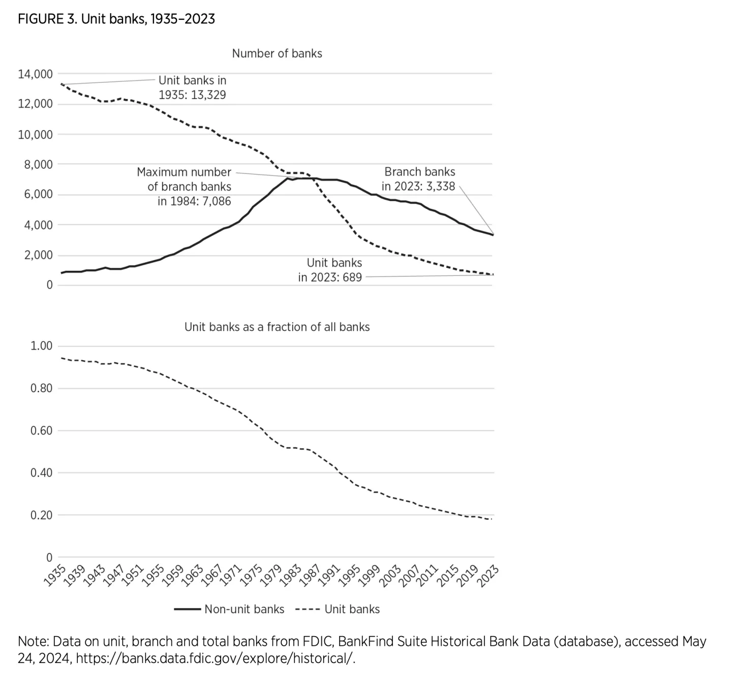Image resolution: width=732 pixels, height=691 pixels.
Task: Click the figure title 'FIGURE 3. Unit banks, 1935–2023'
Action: [116, 19]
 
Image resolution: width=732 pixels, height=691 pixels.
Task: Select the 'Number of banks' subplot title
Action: [277, 53]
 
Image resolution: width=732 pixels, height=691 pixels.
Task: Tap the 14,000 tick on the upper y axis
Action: [35, 74]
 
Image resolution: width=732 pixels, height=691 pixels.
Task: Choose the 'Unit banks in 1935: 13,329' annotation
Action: [192, 87]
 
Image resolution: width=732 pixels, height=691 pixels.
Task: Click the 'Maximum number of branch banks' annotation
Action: [184, 186]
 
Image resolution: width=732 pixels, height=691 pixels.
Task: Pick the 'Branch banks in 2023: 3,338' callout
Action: [419, 179]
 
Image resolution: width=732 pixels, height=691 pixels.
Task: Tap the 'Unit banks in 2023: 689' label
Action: [330, 270]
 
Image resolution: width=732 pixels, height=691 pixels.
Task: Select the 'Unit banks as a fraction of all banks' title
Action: [277, 327]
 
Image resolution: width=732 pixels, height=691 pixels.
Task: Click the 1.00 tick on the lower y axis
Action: [41, 346]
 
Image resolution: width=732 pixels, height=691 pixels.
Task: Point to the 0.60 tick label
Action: [41, 431]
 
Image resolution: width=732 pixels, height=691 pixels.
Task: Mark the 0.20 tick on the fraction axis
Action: [41, 515]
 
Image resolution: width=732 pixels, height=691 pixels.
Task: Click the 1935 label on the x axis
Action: [55, 575]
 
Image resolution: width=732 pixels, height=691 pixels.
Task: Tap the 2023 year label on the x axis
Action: [487, 575]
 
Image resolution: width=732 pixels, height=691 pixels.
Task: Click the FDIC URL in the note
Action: [215, 658]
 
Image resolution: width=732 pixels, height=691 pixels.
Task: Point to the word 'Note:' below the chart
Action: [34, 641]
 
